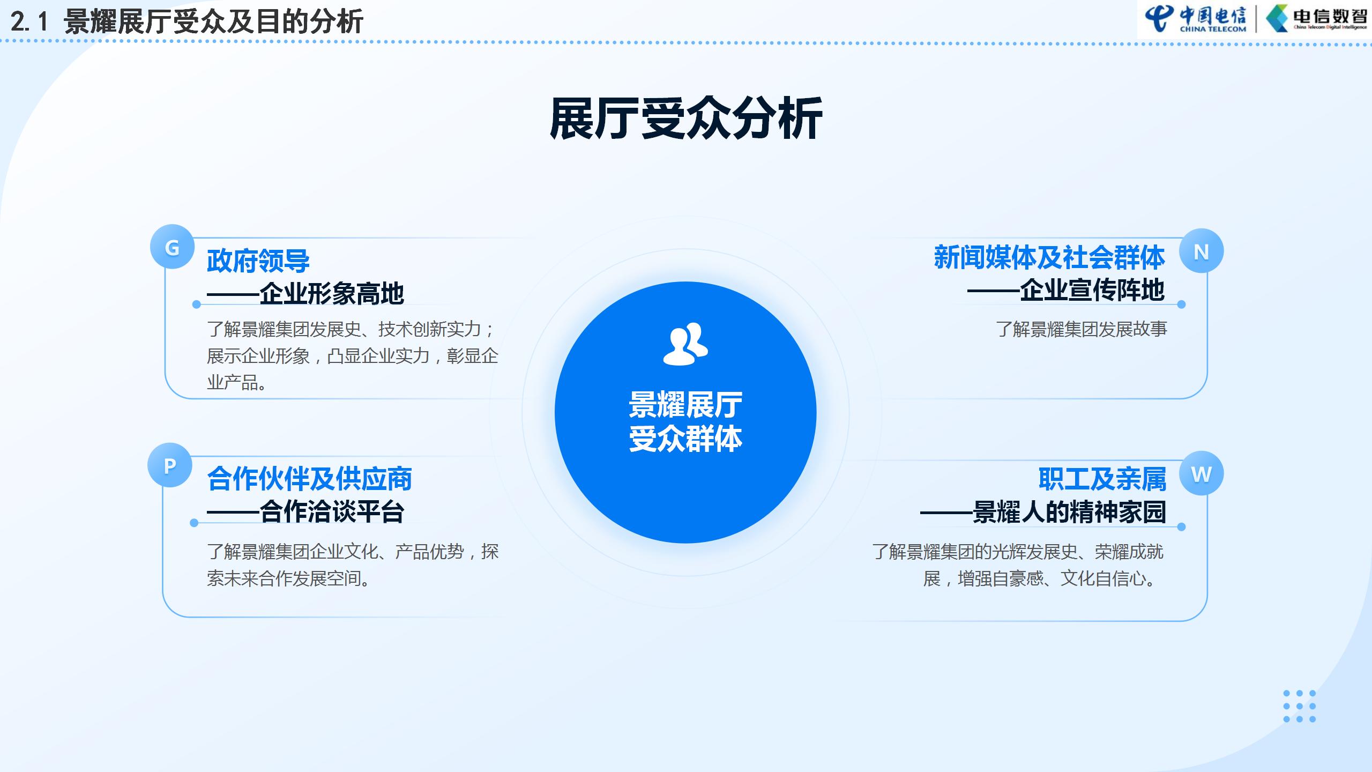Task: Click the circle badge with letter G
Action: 172,247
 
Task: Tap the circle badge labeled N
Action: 1201,251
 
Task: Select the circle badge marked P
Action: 170,465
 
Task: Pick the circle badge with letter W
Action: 1201,473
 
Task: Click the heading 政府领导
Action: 258,261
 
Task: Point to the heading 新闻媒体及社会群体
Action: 1049,257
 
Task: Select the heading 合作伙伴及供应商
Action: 310,479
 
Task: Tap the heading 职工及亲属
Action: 1102,479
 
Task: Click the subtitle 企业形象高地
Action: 332,293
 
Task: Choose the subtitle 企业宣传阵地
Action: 1092,290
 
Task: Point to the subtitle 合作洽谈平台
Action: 332,511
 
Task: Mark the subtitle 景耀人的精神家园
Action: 1070,512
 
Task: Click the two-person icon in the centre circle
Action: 685,344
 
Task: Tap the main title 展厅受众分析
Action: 686,118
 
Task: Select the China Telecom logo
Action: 1196,19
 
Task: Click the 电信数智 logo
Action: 1316,19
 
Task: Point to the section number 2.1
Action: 29,22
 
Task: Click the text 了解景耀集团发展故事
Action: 1082,329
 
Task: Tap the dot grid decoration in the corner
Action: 1300,706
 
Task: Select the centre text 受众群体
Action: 685,439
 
